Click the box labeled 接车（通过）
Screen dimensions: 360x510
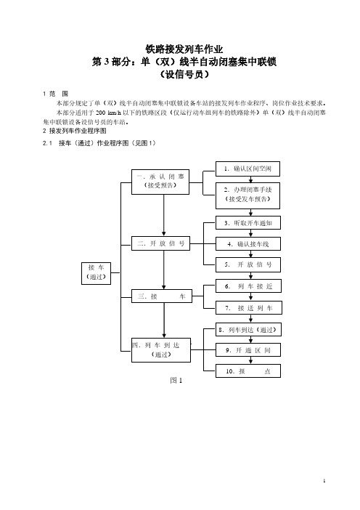[x=97, y=273]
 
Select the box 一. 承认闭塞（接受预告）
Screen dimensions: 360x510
[x=160, y=182]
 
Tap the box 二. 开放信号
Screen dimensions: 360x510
[x=160, y=243]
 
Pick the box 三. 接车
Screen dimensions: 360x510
[x=161, y=296]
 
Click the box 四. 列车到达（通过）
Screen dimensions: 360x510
[x=161, y=350]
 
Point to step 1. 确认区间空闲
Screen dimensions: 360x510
[x=248, y=169]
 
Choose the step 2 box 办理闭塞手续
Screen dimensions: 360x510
[x=248, y=195]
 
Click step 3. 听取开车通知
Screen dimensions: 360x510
[x=248, y=223]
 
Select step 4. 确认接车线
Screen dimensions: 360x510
[x=248, y=243]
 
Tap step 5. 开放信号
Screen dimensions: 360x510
[x=248, y=264]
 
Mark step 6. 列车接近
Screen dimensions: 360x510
[x=248, y=286]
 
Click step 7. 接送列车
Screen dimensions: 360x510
[x=248, y=307]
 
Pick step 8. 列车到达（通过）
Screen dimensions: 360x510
[x=248, y=330]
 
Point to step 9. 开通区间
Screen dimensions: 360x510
[x=248, y=350]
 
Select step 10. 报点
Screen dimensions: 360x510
[x=248, y=371]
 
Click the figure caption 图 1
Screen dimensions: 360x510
[x=176, y=380]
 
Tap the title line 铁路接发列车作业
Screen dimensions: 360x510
[x=184, y=49]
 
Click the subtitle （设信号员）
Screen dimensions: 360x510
[x=184, y=75]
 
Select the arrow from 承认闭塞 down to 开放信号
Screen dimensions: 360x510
[x=164, y=215]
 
